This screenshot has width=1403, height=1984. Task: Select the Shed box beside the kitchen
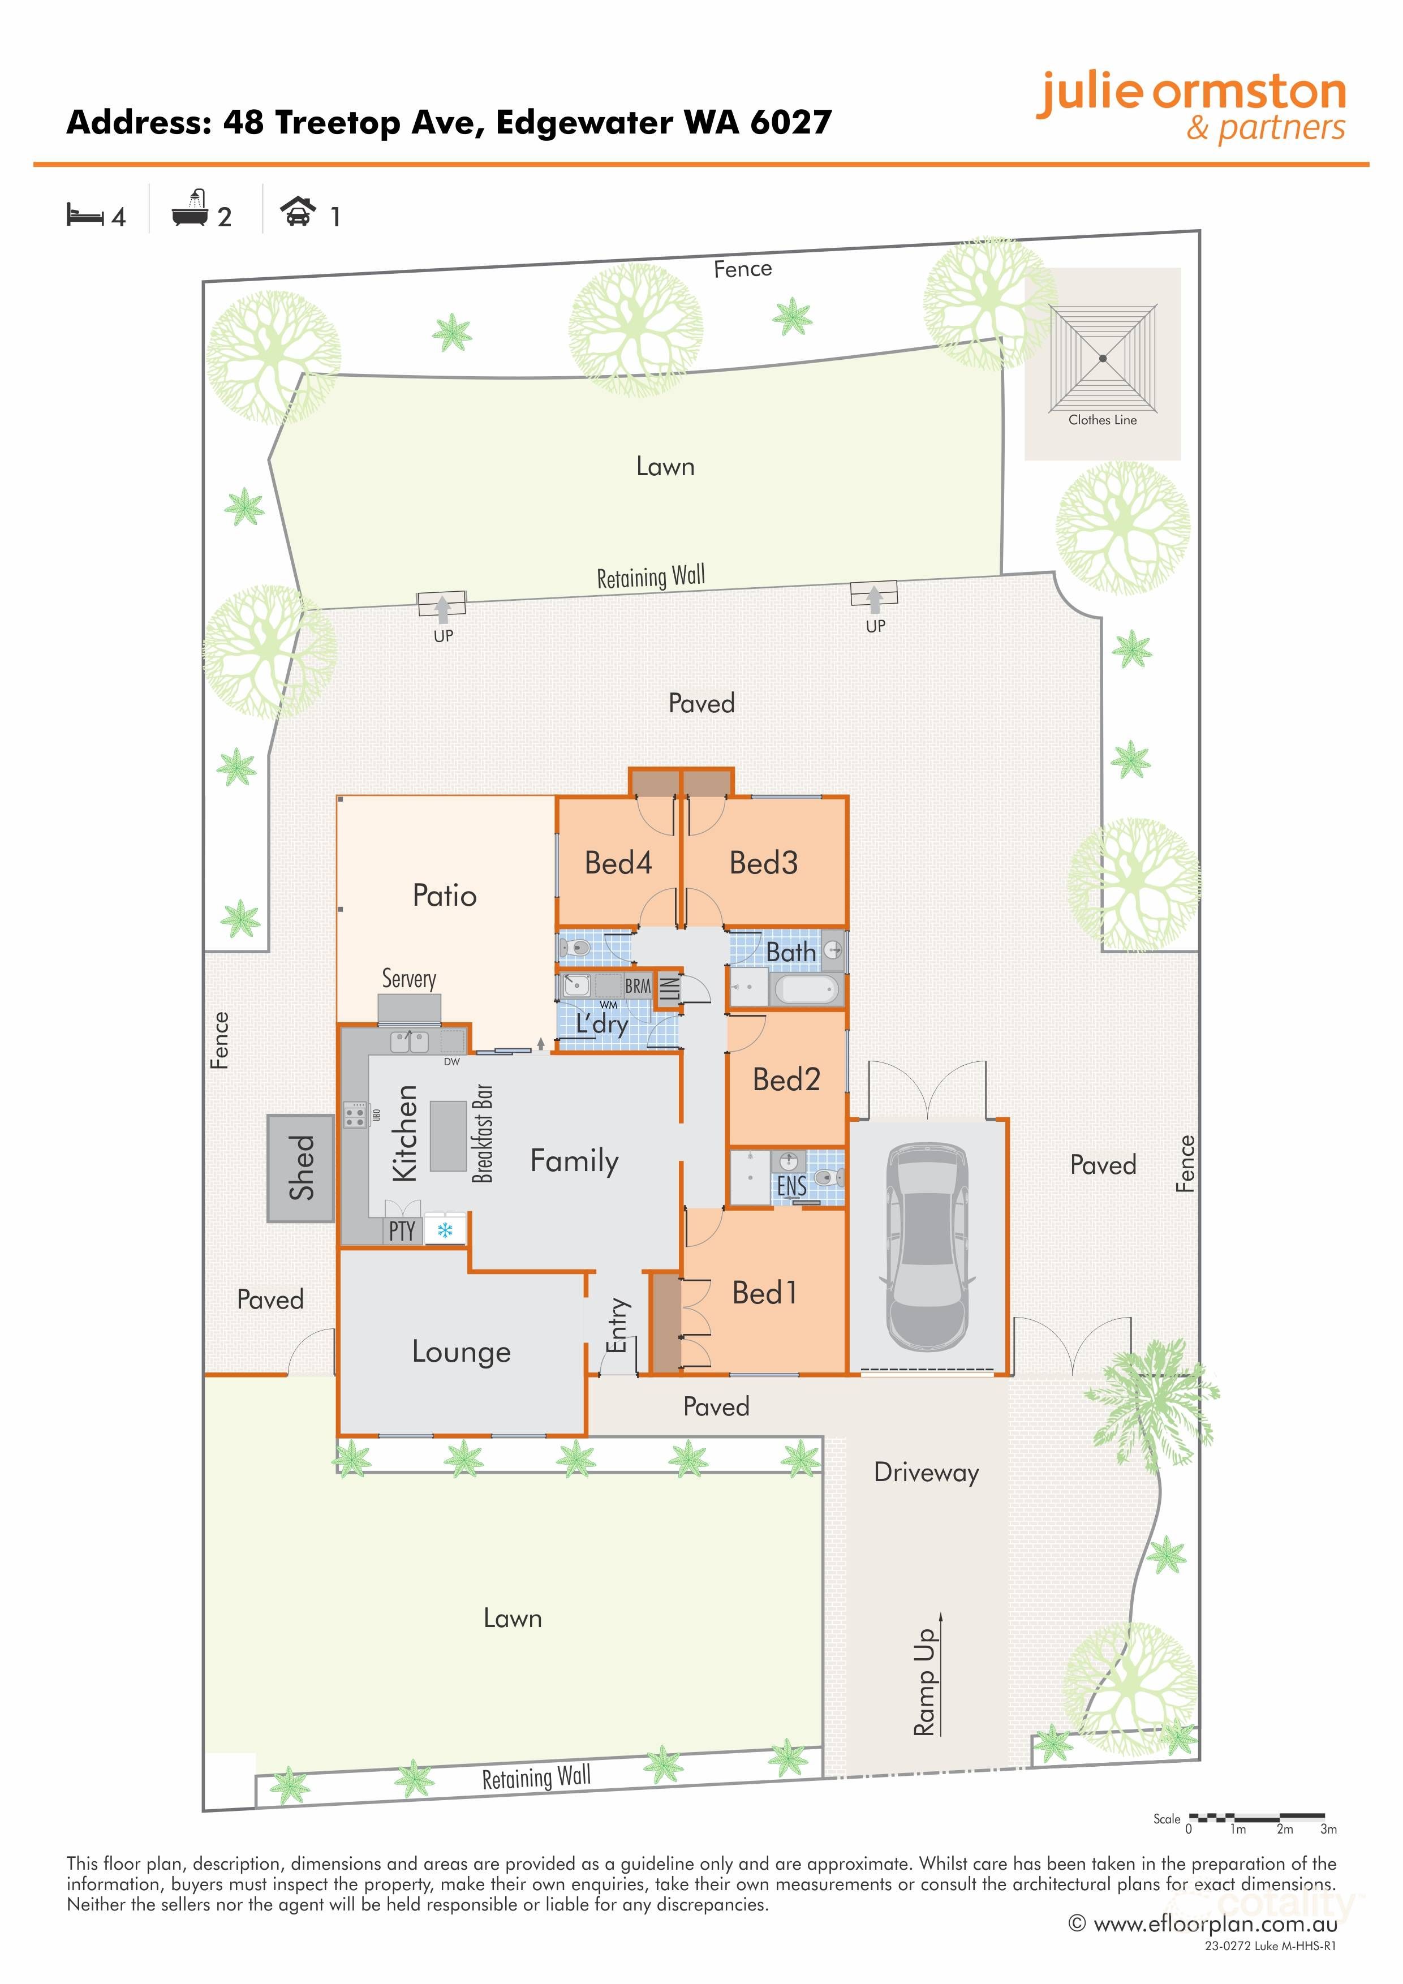(x=300, y=1168)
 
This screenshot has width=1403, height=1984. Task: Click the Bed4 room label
(x=618, y=862)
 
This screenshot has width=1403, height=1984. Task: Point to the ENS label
(x=791, y=1186)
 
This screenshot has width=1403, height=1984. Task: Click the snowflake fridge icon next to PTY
(x=445, y=1230)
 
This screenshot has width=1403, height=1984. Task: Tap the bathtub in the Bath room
(x=807, y=988)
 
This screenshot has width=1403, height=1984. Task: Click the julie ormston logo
(x=1191, y=105)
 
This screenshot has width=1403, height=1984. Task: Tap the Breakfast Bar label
(x=483, y=1133)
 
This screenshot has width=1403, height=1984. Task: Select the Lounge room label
(x=461, y=1352)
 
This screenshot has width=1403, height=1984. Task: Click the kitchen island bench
(x=449, y=1135)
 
